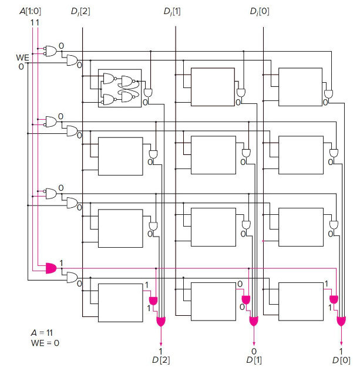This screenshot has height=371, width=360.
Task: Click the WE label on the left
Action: [22, 58]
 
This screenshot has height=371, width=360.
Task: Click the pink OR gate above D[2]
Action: [160, 321]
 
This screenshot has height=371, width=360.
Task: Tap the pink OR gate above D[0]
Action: [341, 321]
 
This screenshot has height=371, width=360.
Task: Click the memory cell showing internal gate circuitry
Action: [120, 88]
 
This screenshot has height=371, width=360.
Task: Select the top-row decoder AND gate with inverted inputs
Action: [51, 51]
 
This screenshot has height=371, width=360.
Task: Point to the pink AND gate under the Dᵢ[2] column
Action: [153, 301]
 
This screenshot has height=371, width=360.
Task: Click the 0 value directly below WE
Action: [21, 66]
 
